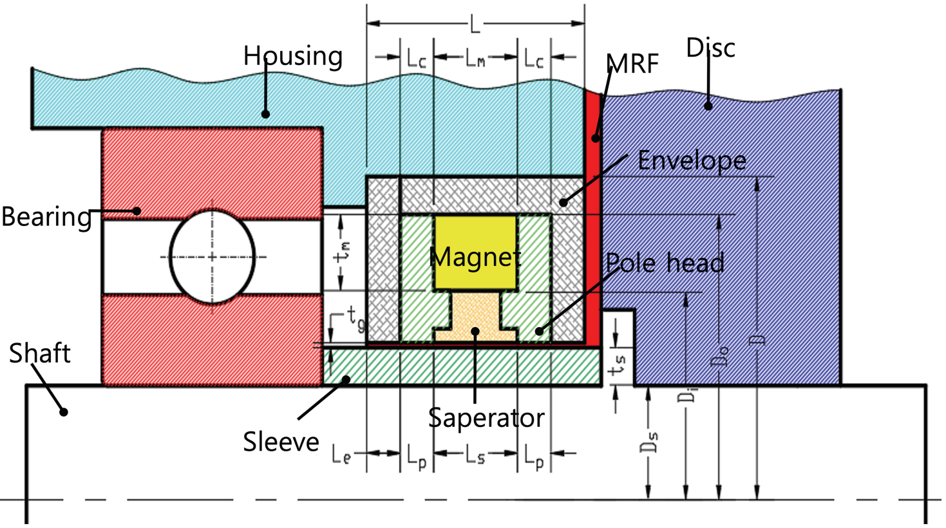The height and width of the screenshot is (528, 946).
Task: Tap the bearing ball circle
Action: click(x=212, y=257)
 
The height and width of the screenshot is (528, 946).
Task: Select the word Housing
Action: click(x=292, y=56)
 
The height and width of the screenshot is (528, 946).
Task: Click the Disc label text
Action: click(x=710, y=48)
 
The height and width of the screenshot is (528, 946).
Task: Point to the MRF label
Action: click(x=632, y=64)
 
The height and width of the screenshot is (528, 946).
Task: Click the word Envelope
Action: click(x=692, y=160)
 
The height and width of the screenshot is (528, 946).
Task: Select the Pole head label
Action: click(x=665, y=263)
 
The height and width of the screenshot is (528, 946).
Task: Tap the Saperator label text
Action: click(x=486, y=418)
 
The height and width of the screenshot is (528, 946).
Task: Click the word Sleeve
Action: click(x=281, y=442)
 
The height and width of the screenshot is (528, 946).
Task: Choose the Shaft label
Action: click(x=39, y=354)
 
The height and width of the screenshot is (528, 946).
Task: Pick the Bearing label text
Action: click(x=46, y=217)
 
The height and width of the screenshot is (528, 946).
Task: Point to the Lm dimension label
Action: click(x=475, y=59)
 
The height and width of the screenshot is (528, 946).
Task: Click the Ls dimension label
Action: click(x=475, y=456)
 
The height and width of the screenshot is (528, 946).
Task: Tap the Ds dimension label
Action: click(x=650, y=441)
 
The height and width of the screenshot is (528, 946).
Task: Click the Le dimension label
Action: click(x=341, y=455)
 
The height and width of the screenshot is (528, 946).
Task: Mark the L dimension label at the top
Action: click(x=475, y=25)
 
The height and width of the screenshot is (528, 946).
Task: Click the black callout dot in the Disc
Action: click(x=708, y=106)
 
